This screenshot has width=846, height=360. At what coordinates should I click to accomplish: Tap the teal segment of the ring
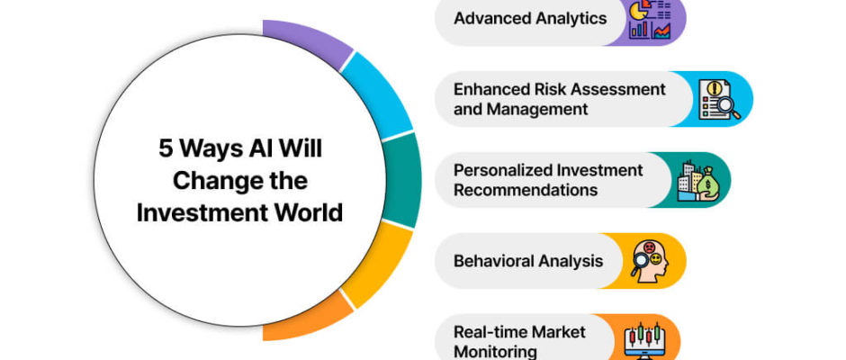pos(403,180)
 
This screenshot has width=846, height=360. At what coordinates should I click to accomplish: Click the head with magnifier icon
pos(650,259)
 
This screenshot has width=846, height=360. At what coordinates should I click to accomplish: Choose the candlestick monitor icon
pos(644,341)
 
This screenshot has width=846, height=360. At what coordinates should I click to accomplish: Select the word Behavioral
pos(489,261)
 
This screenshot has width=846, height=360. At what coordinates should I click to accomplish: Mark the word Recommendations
pos(526,190)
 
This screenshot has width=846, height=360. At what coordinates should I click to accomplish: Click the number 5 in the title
pos(165,149)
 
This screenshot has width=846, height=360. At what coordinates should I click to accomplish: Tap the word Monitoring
pos(495,352)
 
